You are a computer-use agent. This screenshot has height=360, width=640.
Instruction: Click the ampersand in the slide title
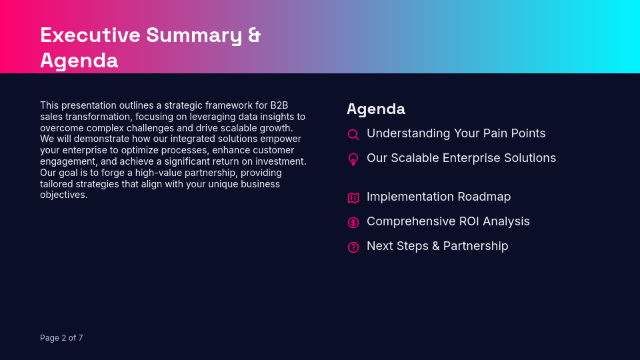[254, 35]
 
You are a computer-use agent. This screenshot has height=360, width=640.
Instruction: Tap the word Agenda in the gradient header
[79, 60]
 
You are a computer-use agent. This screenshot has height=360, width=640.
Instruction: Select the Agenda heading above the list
[375, 109]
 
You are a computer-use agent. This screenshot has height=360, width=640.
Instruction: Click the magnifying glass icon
[353, 135]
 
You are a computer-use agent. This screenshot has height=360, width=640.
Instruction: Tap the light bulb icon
[353, 159]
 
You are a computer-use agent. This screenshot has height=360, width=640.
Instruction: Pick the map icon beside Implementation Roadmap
[353, 198]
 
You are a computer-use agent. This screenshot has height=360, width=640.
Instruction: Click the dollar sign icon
[353, 223]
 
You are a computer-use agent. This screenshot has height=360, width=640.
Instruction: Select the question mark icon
[353, 247]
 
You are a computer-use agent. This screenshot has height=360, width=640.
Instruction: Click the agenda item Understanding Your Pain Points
[456, 133]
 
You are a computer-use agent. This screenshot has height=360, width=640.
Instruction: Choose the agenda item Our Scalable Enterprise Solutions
[461, 158]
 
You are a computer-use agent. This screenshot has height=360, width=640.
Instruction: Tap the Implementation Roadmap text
[438, 197]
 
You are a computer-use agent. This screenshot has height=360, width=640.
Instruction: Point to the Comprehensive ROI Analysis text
[448, 221]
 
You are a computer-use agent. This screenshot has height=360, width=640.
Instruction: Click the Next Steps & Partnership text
[437, 246]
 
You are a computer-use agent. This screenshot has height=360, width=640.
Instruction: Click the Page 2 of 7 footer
[61, 338]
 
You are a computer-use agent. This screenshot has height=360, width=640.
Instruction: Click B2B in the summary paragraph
[279, 105]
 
